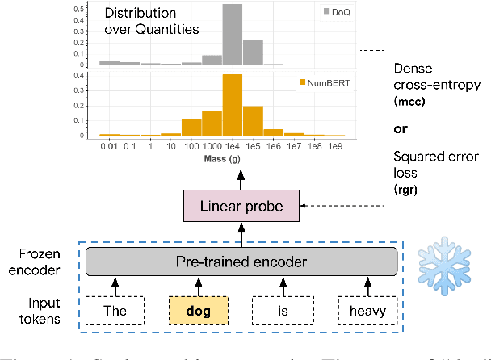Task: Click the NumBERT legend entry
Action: coord(327,82)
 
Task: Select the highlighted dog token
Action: coord(199,310)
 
